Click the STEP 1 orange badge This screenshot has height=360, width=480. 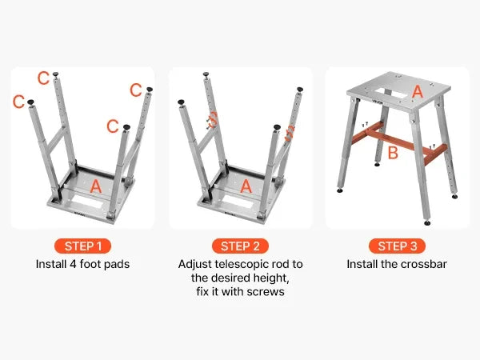[82, 246]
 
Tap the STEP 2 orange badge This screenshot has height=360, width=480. [240, 246]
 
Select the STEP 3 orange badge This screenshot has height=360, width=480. [397, 246]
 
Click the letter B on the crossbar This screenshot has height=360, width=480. [393, 153]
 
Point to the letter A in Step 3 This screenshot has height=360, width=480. [418, 91]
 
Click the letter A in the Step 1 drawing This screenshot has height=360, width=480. [96, 186]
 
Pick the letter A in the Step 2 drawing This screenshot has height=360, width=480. [246, 186]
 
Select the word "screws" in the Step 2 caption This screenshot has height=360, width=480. [266, 292]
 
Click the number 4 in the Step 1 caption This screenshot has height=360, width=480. [73, 264]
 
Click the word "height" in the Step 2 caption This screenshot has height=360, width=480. [273, 278]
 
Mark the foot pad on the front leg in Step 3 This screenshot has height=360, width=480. [427, 222]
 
